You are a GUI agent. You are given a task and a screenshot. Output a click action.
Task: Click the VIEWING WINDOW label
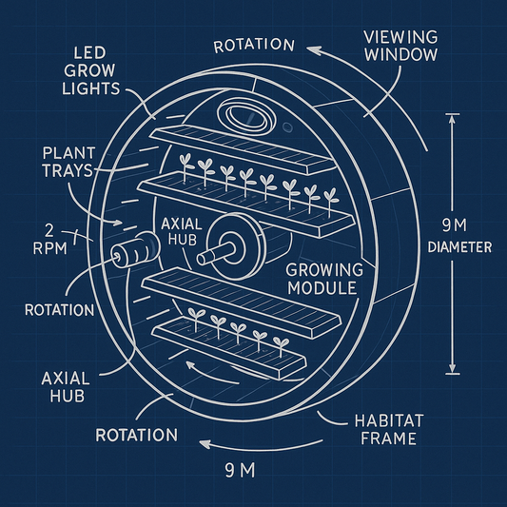400,46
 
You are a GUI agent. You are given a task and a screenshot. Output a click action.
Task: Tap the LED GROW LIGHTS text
91,71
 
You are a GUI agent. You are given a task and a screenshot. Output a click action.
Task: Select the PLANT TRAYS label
68,162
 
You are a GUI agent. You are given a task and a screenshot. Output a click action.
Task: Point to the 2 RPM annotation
50,240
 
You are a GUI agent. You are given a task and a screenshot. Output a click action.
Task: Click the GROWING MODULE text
324,279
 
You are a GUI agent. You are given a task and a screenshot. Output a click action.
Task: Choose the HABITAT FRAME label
389,430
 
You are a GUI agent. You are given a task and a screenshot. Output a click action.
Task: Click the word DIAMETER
459,247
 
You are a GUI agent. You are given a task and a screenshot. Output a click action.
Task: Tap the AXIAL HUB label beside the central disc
182,231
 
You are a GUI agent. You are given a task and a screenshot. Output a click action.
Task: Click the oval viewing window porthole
246,115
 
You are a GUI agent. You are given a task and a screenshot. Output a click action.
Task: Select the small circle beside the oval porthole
287,127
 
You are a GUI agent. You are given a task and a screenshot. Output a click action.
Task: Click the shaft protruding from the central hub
216,253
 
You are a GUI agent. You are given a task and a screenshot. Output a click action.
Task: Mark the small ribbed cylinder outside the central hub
135,249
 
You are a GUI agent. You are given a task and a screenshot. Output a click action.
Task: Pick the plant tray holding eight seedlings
245,205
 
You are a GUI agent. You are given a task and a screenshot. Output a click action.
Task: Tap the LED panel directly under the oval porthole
243,149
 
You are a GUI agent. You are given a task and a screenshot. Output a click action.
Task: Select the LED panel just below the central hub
241,302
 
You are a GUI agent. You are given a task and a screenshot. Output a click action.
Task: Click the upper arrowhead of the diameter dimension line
452,119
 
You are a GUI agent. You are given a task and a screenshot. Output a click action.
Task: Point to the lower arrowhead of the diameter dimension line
452,369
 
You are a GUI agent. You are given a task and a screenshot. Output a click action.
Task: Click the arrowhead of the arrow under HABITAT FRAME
205,443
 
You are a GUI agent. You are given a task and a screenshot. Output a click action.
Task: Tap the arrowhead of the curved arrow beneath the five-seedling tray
190,365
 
